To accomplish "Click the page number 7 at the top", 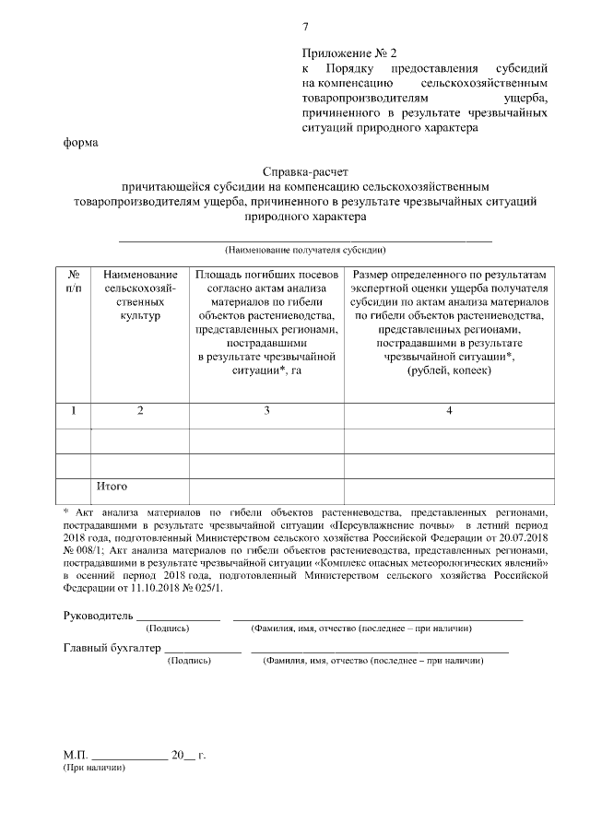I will point(306,26).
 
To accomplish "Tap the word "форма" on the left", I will point(80,143).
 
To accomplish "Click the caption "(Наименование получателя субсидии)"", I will point(305,250).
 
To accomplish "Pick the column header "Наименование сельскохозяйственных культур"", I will point(140,295).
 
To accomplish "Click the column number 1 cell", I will point(74,411).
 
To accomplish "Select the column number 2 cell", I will point(140,411).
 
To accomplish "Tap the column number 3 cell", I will point(266,411).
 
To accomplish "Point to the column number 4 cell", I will point(449,411).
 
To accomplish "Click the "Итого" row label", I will point(112,486).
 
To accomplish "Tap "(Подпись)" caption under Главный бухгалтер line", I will point(188,662).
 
